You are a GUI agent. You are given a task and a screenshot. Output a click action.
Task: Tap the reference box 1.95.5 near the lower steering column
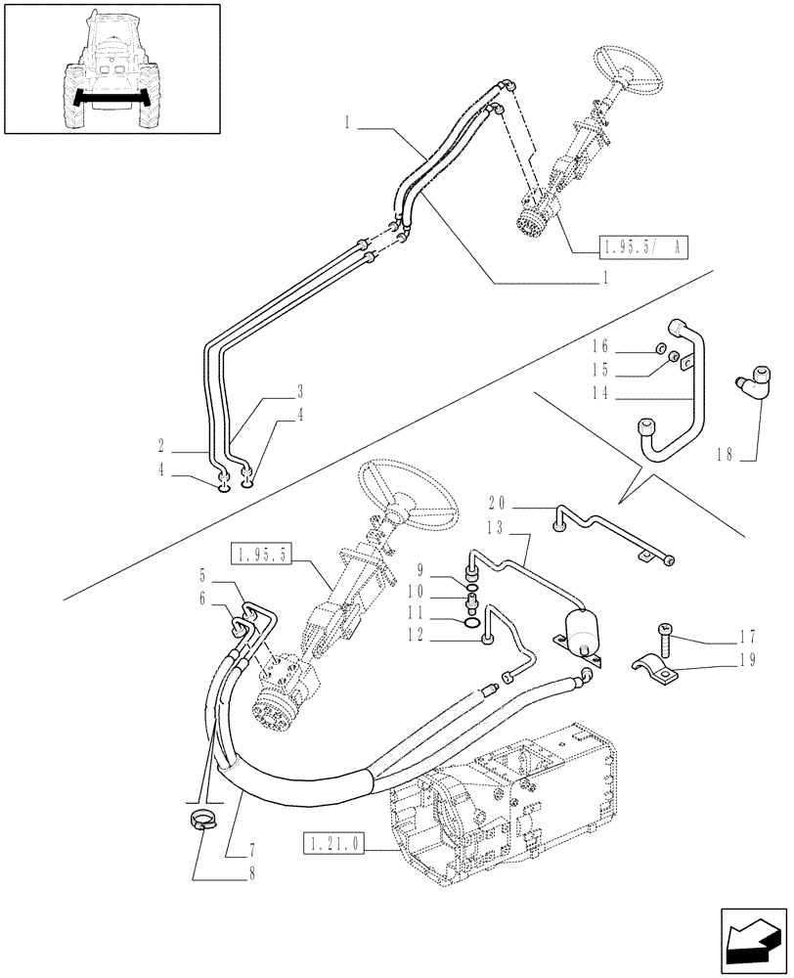click(262, 556)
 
